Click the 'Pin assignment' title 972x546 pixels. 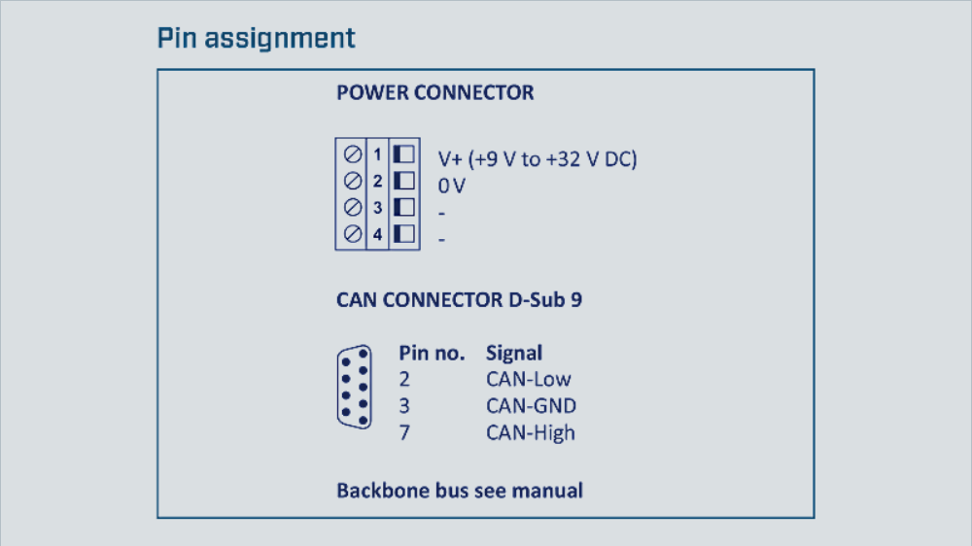[x=257, y=39]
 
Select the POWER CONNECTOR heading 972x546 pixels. [x=434, y=93]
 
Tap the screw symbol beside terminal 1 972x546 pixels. [x=352, y=154]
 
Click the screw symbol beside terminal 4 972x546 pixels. [x=352, y=233]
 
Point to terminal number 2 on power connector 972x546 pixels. [x=377, y=181]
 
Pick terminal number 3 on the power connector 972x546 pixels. [x=377, y=207]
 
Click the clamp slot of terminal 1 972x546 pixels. [x=403, y=154]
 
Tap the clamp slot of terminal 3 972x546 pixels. [x=403, y=207]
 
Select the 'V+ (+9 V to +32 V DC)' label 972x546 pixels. [x=538, y=159]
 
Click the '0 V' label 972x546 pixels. [x=452, y=186]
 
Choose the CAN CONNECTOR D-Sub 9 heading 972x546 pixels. [x=459, y=300]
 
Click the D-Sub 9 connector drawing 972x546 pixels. [x=354, y=387]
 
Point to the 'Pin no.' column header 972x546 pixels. [x=432, y=353]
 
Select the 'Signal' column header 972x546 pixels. [x=514, y=353]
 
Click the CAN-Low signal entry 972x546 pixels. [x=529, y=379]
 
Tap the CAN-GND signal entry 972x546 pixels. [x=531, y=406]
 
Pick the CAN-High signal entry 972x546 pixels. [x=531, y=432]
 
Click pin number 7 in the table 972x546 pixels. [x=404, y=432]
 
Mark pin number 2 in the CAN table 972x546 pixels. [x=404, y=379]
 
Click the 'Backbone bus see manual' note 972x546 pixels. [x=460, y=490]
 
